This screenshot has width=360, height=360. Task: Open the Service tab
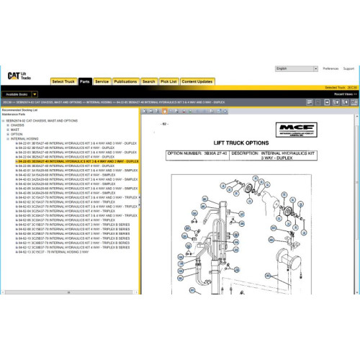click(x=102, y=82)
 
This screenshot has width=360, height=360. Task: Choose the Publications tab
click(x=126, y=82)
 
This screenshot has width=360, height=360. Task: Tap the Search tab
click(x=149, y=82)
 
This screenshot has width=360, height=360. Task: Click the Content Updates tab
click(x=197, y=82)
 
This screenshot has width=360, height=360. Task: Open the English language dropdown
click(x=296, y=68)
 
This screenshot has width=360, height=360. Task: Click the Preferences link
click(x=330, y=68)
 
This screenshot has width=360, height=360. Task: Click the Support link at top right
click(x=348, y=68)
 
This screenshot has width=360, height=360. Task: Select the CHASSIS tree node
click(x=17, y=125)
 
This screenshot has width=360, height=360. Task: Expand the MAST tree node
click(x=8, y=130)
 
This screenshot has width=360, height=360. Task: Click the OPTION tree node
click(x=17, y=134)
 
